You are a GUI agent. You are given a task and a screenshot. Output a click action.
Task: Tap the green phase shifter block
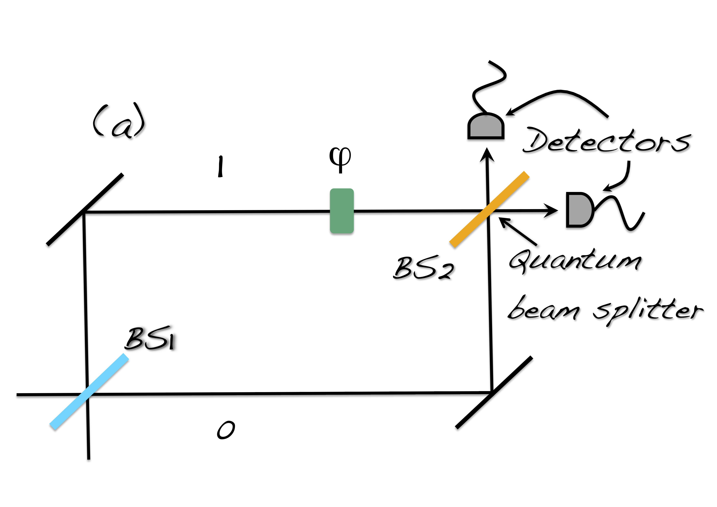pyautogui.click(x=342, y=211)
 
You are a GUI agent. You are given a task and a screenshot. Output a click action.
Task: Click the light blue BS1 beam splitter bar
pyautogui.click(x=89, y=392)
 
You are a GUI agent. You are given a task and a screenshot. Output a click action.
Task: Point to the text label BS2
pyautogui.click(x=423, y=268)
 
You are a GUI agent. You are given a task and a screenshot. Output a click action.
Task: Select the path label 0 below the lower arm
pyautogui.click(x=226, y=430)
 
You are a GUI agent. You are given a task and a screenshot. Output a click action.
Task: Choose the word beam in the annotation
pyautogui.click(x=543, y=309)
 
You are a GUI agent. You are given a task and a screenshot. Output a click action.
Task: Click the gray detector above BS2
pyautogui.click(x=486, y=127)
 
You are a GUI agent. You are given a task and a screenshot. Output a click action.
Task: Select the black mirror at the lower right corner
pyautogui.click(x=494, y=392)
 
